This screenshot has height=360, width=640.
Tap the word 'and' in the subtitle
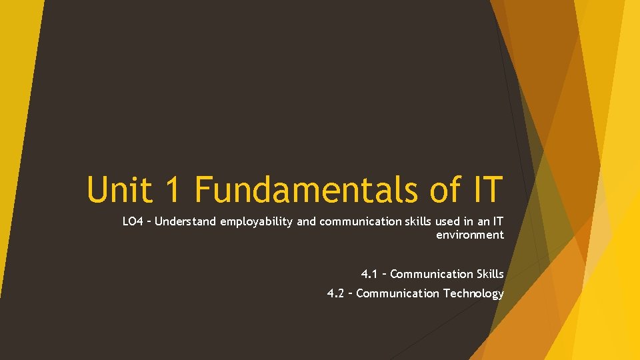tap(307, 222)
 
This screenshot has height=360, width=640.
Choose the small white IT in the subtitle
tap(497, 222)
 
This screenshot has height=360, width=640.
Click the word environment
tap(470, 235)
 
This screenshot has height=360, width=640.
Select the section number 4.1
tap(369, 274)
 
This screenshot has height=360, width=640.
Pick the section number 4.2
tap(336, 293)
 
